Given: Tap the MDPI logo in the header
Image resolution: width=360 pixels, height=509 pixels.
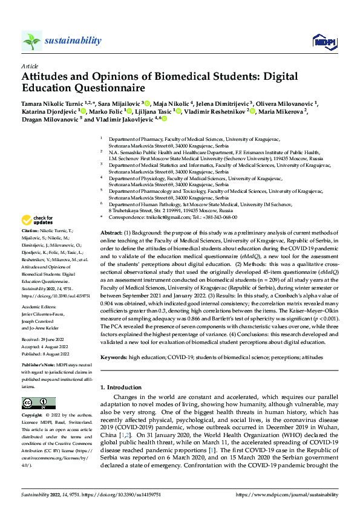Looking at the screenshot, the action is (x=322, y=41).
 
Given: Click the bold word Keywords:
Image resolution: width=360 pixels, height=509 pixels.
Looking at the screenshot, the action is (x=113, y=357).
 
